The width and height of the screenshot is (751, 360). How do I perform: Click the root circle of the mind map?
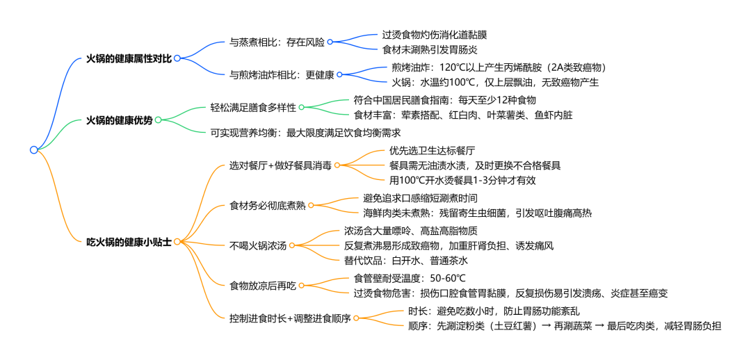(33, 149)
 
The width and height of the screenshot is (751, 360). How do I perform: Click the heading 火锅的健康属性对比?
(128, 58)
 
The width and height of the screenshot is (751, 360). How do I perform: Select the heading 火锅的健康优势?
(119, 120)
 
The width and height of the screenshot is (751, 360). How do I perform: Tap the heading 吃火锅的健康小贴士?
(128, 241)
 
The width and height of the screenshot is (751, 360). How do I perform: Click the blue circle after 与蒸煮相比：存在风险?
(330, 42)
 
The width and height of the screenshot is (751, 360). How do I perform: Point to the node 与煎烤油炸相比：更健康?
(282, 74)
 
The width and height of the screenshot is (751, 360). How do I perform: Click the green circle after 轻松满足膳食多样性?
(302, 107)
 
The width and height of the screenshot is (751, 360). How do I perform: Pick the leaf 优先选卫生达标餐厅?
(432, 150)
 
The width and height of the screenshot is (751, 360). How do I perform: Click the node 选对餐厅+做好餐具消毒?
(280, 165)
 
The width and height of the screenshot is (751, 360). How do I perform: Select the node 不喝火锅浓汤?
(257, 245)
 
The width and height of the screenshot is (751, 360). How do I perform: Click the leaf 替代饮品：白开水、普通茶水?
(406, 261)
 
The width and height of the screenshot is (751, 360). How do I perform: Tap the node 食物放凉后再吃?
(262, 285)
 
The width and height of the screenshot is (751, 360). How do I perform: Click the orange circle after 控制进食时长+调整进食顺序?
(357, 318)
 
